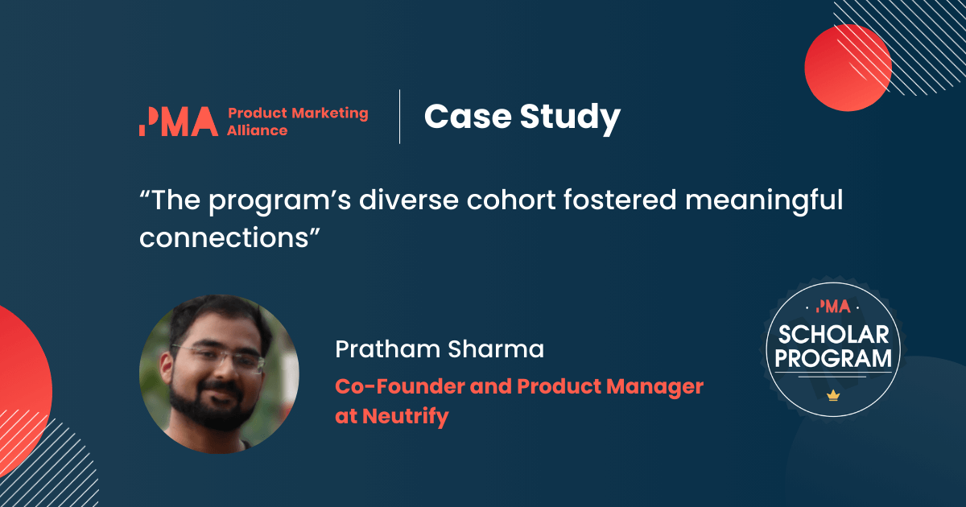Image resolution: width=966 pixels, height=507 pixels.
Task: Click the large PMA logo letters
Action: point(179,122)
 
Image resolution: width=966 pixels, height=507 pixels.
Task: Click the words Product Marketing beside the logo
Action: point(298,113)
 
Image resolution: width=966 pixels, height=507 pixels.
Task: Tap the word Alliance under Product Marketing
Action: point(258,130)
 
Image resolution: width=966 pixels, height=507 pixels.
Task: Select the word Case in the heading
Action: point(468,117)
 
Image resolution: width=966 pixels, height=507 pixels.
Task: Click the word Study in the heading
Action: point(570,119)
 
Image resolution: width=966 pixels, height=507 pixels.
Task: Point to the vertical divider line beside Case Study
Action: point(400,117)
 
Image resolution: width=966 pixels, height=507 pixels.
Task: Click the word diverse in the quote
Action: point(409,200)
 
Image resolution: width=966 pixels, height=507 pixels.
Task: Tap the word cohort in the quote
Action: point(511,200)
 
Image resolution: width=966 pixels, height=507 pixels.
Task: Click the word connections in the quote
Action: point(225,237)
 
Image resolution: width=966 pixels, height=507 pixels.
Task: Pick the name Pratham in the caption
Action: point(387,348)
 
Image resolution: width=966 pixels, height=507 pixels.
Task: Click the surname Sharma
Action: point(496,348)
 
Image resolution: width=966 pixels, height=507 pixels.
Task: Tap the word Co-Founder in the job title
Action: point(399,386)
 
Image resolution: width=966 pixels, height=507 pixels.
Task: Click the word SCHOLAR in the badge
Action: point(834,335)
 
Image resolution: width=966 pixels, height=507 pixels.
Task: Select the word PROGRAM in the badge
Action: point(833,358)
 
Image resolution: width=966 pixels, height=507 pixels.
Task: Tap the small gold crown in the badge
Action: point(833,395)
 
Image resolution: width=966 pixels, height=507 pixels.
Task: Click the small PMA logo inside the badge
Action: point(833,307)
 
